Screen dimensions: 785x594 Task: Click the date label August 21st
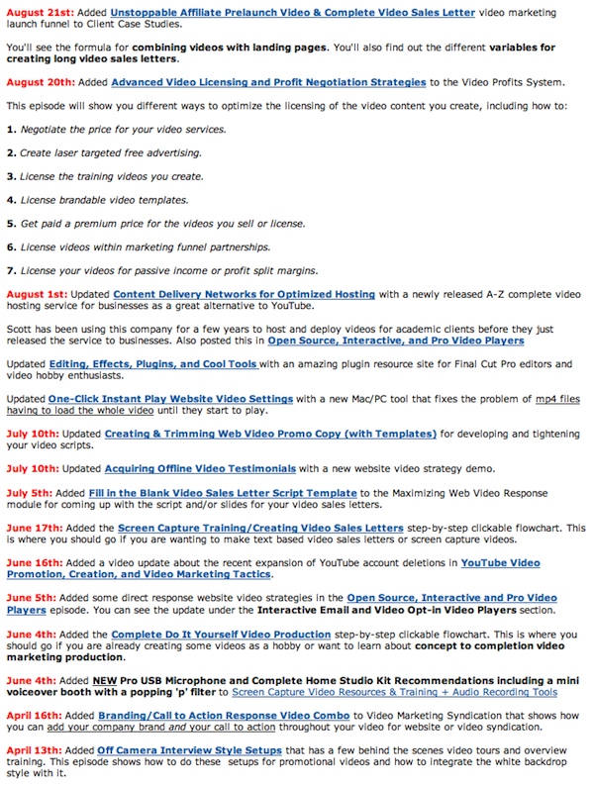35,14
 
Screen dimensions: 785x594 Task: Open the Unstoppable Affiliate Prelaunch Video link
292,14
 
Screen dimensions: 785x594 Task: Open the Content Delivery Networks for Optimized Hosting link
244,294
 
